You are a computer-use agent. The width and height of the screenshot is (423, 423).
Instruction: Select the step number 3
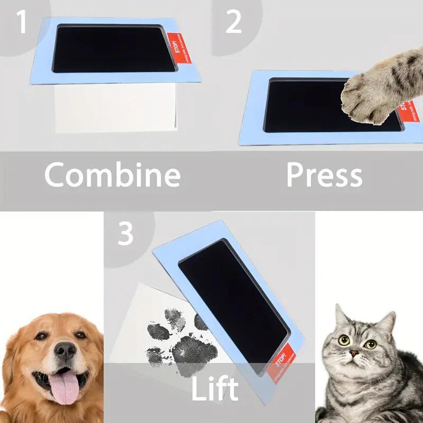tap(125, 234)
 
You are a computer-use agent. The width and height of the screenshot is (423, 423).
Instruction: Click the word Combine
tap(112, 175)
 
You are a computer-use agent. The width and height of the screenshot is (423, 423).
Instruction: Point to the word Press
tap(324, 175)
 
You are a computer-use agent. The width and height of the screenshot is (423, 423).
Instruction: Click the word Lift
tap(214, 389)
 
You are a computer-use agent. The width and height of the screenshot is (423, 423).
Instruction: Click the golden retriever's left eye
tap(41, 336)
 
